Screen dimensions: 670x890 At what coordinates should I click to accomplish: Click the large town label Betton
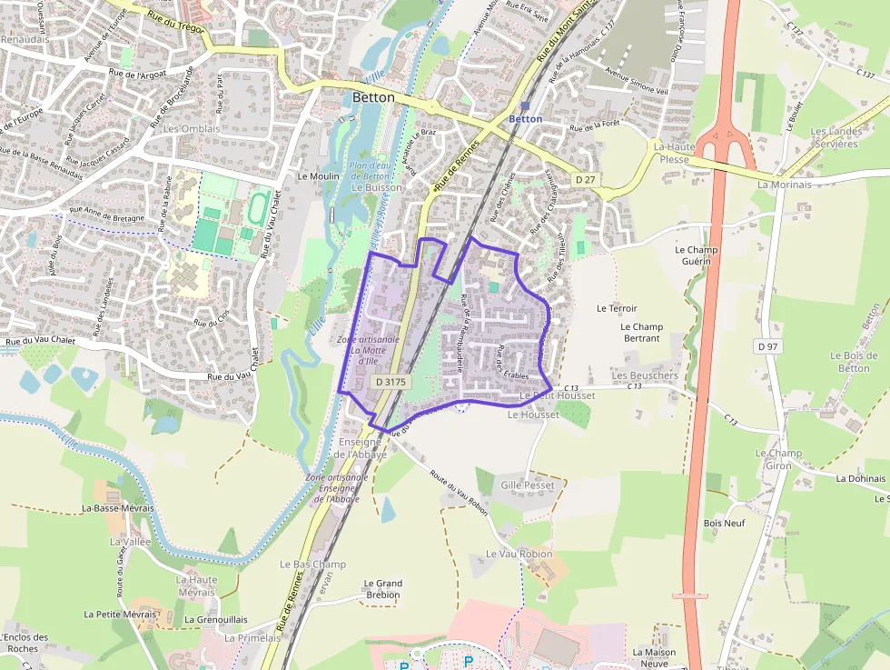(373, 97)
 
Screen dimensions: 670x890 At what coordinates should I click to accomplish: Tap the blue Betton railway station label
(525, 119)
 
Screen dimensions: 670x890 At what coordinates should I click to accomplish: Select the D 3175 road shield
(391, 383)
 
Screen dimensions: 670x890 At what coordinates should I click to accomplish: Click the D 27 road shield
(584, 181)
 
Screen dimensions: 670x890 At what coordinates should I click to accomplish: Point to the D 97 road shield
(767, 346)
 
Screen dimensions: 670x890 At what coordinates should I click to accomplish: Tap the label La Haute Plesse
(674, 153)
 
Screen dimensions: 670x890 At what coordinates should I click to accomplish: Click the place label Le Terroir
(617, 308)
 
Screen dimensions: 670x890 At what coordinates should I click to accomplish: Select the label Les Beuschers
(645, 375)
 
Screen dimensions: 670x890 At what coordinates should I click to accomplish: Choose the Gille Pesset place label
(527, 485)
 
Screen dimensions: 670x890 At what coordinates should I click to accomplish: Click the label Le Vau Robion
(519, 554)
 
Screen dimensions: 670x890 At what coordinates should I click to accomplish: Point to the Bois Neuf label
(724, 524)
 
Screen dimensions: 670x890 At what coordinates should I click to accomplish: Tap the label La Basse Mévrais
(117, 508)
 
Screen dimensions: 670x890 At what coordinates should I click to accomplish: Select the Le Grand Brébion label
(382, 589)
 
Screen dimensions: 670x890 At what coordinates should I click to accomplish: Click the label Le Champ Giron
(778, 459)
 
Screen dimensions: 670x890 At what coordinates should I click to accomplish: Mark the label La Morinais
(784, 185)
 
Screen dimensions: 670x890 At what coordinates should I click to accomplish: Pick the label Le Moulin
(318, 176)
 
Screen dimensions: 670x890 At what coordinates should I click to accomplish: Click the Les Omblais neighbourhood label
(192, 129)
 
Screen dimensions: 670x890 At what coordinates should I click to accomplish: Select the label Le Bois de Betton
(854, 362)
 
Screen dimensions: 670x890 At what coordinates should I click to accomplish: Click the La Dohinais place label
(860, 478)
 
